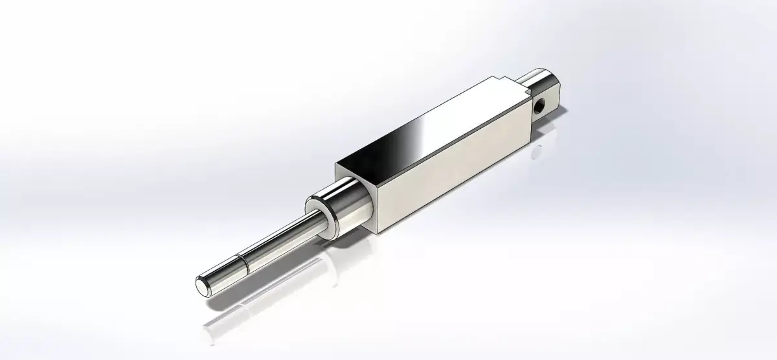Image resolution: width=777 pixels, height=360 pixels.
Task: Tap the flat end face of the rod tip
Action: tap(203, 285)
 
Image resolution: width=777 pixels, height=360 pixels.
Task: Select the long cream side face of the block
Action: tap(453, 168)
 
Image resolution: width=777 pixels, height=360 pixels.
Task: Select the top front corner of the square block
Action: tap(335, 167)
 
